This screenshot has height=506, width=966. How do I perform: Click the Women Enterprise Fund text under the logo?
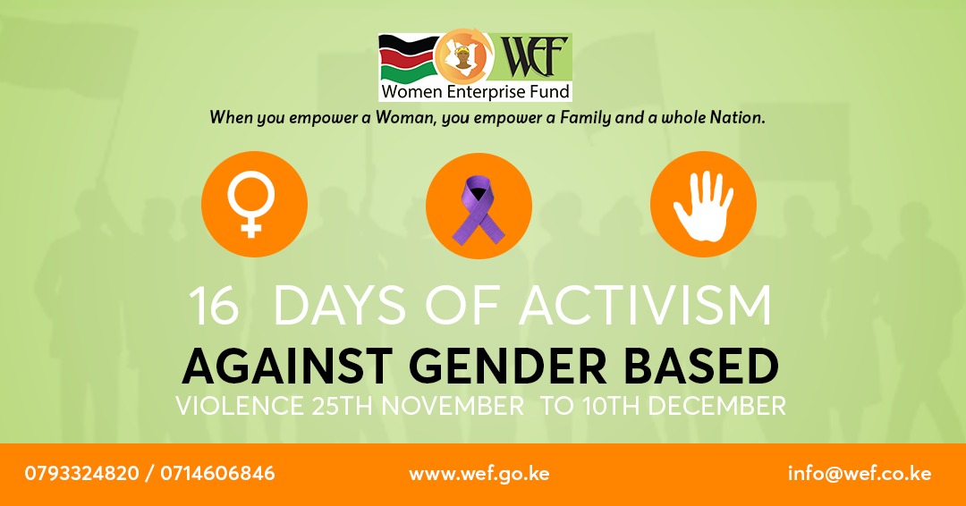click(x=474, y=91)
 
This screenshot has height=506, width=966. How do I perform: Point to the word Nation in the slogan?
click(x=739, y=117)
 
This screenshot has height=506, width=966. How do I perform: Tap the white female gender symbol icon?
click(x=254, y=205)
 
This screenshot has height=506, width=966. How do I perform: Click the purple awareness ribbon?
click(x=479, y=209)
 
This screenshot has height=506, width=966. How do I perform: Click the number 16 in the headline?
click(x=214, y=307)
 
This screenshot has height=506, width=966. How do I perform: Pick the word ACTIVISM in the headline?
click(x=647, y=307)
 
